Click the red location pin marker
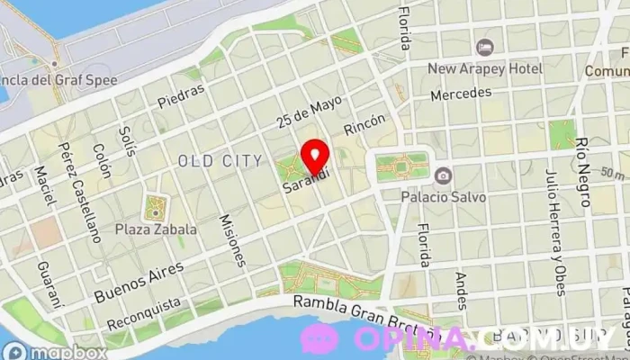[x=314, y=157]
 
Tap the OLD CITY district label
[x=220, y=161]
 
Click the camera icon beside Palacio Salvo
[x=443, y=175]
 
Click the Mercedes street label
[x=461, y=94]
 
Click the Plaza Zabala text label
[x=156, y=229]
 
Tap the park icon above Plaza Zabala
[x=156, y=209]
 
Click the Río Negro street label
[x=585, y=171]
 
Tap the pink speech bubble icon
[x=319, y=339]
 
